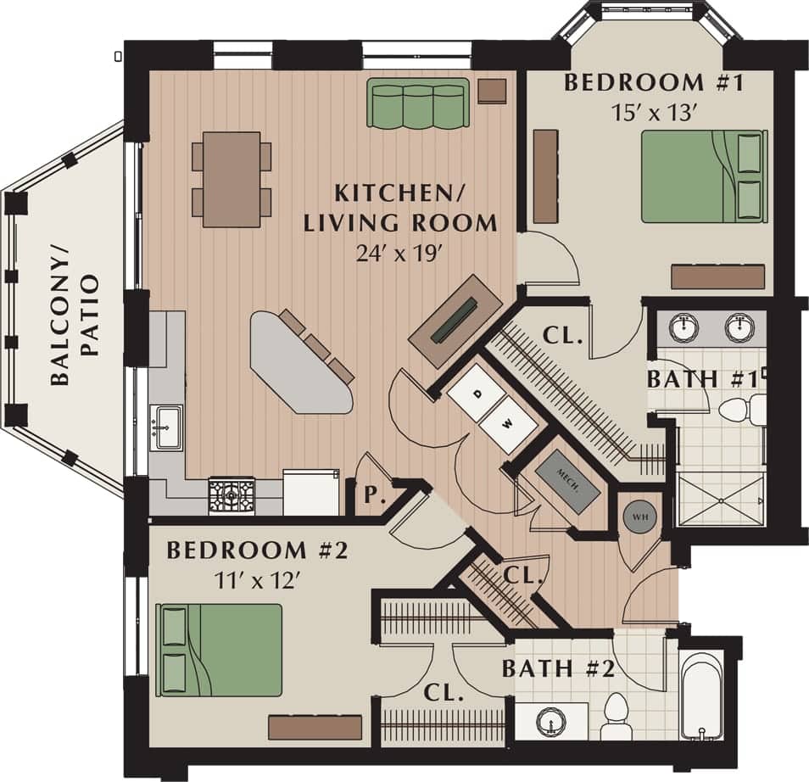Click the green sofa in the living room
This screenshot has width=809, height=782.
[x=418, y=103]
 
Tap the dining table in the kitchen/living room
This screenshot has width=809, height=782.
[x=232, y=179]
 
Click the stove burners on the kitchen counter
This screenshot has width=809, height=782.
[x=232, y=496]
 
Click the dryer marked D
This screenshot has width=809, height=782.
[x=477, y=393]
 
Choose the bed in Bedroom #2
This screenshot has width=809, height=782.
[x=220, y=650]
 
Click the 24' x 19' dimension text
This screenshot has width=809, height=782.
[x=399, y=254]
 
